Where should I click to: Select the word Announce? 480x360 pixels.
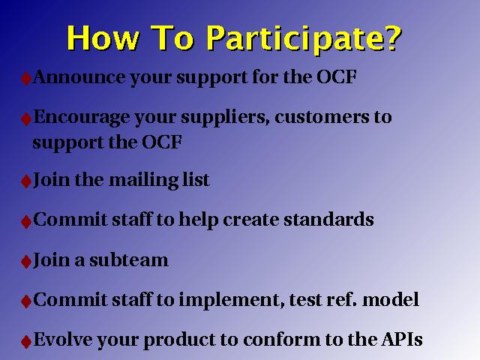pos(79,76)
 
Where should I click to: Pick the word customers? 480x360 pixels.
pos(322,117)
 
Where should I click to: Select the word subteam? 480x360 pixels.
pos(129,260)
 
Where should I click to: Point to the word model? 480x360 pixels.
pos(391,299)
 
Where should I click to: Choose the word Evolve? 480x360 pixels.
pos(62,339)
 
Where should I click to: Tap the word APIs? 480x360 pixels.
pos(402,339)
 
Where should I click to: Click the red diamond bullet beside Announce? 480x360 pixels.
pos(26,79)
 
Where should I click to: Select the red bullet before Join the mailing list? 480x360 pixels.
pos(26,181)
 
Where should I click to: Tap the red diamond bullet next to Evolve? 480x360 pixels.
pos(26,341)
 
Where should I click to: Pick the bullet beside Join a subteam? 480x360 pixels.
pos(26,262)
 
